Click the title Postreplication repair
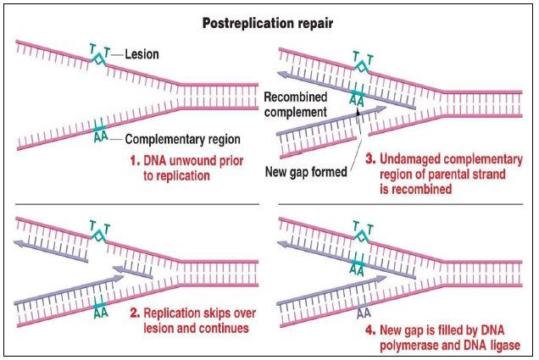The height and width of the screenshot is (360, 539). tap(269, 23)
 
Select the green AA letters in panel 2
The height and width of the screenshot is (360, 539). tap(101, 310)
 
